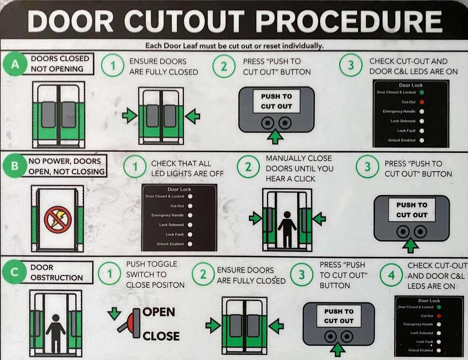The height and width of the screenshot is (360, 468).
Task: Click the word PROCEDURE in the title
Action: coord(349,21)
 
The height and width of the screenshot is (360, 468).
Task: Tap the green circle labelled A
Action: coord(15,64)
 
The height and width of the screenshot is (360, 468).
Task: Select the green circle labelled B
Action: coord(15,166)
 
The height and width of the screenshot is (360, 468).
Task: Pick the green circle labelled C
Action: coord(14,272)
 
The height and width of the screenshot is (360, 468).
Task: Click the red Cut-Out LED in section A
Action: coord(422,102)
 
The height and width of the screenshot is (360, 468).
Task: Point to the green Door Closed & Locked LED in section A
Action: coord(422,92)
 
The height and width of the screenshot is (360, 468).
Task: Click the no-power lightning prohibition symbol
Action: coord(58,220)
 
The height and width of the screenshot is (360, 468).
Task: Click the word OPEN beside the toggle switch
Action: coord(159,312)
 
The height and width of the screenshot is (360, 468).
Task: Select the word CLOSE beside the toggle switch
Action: coord(161,336)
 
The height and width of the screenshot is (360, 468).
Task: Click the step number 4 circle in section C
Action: coord(391,275)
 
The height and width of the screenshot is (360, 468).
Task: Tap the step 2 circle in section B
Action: coord(248,167)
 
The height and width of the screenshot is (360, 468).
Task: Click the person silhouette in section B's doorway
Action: coord(287,230)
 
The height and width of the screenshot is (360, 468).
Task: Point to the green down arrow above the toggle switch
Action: coord(114,314)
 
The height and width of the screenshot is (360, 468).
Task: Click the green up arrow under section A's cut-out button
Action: coord(275,137)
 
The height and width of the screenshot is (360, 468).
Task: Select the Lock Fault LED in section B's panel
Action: coord(190,234)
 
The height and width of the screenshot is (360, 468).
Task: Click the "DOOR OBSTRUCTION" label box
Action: coord(57,272)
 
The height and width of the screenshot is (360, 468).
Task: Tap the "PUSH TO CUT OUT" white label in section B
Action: coord(412,210)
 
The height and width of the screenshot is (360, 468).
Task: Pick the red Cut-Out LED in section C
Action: coord(439,316)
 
